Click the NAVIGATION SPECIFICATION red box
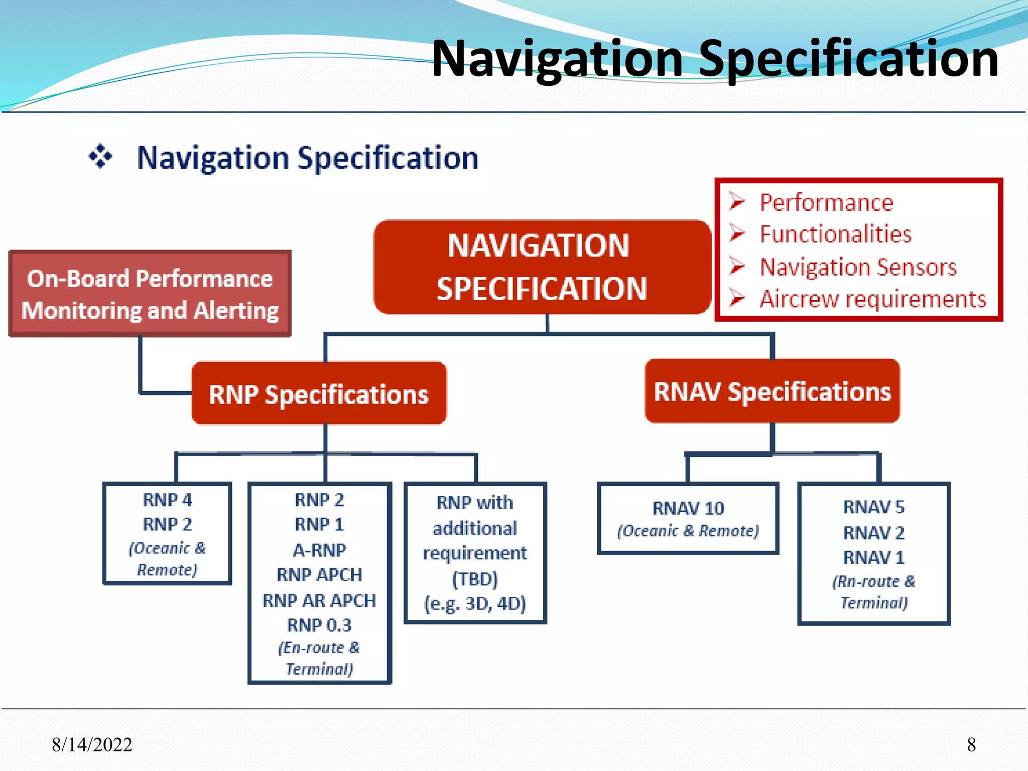pos(542,267)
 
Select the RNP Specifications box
pos(319,394)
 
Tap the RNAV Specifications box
pos(772,392)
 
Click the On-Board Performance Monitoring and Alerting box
pos(150,294)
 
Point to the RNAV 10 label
pos(688,508)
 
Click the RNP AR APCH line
pos(319,600)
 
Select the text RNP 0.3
pos(319,625)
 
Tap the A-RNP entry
pos(319,550)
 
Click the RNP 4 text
pos(167,500)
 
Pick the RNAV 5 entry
pos(873,507)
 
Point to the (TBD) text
pos(475,579)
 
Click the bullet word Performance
pos(826,203)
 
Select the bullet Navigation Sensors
pos(858,267)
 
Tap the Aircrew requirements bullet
pos(872,299)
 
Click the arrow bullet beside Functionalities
pos(737,233)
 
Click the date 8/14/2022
pos(92,744)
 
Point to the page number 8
pos(971,744)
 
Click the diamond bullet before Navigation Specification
pos(100,157)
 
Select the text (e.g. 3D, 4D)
pos(475,603)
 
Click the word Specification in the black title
pos(848,59)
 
